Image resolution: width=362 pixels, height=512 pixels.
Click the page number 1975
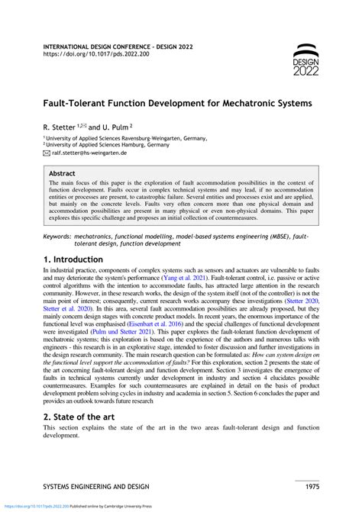pos(306,486)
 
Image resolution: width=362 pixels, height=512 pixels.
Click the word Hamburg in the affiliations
pos(131,143)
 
